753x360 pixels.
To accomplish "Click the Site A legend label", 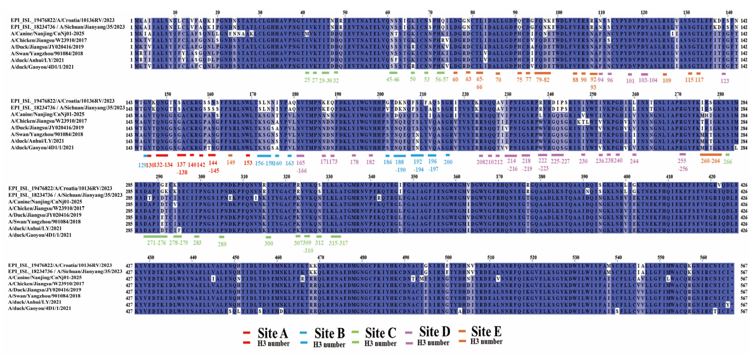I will coord(272,333).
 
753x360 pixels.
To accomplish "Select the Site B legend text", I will coord(329,333).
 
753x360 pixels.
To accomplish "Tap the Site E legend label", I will coord(486,332).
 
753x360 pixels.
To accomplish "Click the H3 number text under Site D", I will coord(433,343).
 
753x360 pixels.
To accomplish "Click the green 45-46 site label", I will coord(393,79).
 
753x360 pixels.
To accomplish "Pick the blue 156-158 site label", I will coord(264,163).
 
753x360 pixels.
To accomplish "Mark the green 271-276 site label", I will coord(156,243).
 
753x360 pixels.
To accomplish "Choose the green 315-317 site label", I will coord(338,243).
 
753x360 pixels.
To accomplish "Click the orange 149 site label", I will coord(231,162).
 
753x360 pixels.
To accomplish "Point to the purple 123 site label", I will coord(725,81).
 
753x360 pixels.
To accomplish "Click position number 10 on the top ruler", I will coord(175,13).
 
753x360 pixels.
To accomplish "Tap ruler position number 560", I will coord(703,257).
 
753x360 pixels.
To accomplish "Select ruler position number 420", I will coord(712,177).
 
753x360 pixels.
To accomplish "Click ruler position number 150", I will coord(168,94).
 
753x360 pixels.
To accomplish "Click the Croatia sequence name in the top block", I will coord(63,20).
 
